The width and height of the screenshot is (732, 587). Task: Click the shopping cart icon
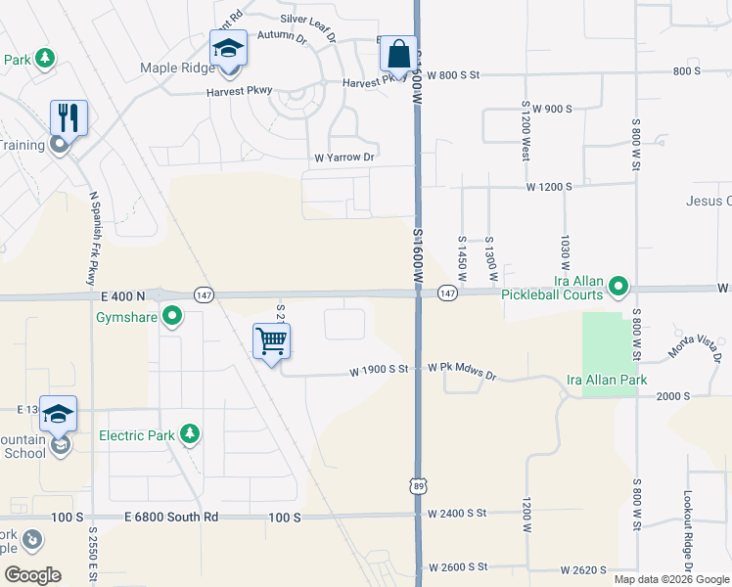click(271, 341)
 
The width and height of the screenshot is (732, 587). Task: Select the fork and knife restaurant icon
click(69, 118)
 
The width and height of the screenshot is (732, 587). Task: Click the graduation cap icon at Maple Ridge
click(228, 48)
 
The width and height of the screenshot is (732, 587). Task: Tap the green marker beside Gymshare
click(172, 316)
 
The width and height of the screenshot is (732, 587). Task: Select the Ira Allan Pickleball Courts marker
click(618, 287)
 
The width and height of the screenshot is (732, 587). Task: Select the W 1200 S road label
click(549, 186)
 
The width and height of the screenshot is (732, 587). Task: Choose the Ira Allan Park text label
click(607, 380)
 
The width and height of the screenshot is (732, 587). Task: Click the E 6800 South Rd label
click(171, 516)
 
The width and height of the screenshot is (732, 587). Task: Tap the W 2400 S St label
click(457, 513)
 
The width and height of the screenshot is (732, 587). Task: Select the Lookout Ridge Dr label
click(688, 531)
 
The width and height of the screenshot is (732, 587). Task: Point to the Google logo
click(32, 574)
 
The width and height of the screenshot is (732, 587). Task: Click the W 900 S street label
click(552, 108)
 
